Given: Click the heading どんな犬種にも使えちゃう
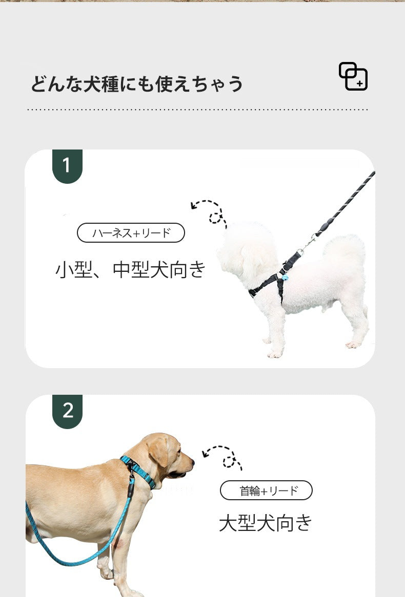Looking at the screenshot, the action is point(136,84).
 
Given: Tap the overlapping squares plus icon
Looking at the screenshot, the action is point(353,76).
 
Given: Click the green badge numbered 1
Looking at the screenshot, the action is point(67,166).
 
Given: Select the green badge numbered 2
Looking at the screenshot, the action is point(67,411).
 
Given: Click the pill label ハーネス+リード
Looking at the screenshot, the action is point(131,232).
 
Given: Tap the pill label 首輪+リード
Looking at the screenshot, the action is point(266,491).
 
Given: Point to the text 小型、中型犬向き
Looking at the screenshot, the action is point(130,269).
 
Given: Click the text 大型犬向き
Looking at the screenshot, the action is point(266,522).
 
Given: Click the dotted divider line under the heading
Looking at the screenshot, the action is point(197,109).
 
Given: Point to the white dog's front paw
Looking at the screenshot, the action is point(275,354).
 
